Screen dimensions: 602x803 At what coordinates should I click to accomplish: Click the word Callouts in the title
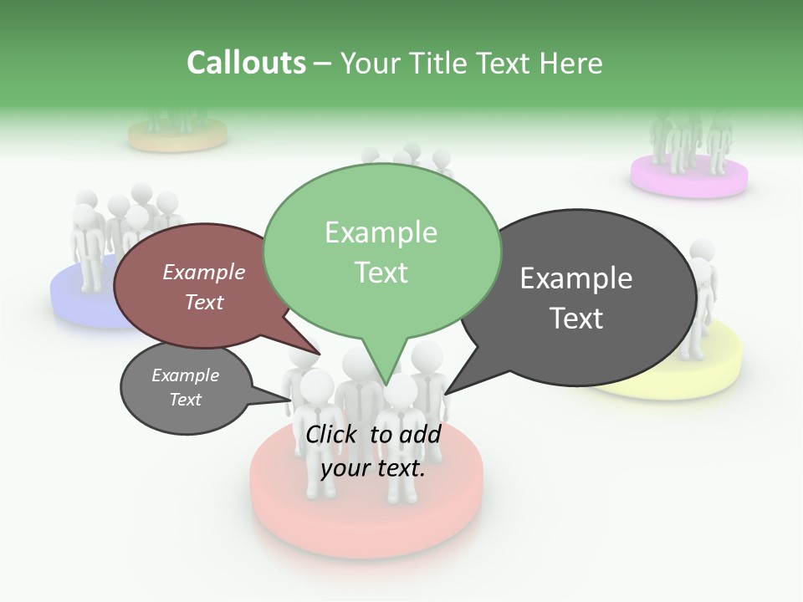(x=246, y=63)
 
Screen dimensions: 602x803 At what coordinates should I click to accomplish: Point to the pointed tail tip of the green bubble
(x=385, y=385)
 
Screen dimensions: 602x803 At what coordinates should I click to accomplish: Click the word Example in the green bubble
(x=381, y=232)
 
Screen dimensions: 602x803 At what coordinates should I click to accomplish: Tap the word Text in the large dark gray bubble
(x=576, y=319)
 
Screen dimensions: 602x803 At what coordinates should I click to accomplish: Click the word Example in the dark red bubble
(x=203, y=273)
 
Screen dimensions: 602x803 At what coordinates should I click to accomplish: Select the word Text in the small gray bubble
(x=185, y=400)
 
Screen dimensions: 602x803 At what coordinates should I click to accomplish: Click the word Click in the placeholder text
(x=332, y=434)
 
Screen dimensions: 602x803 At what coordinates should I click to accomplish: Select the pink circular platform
(x=688, y=180)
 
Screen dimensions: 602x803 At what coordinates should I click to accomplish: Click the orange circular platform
(x=177, y=138)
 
